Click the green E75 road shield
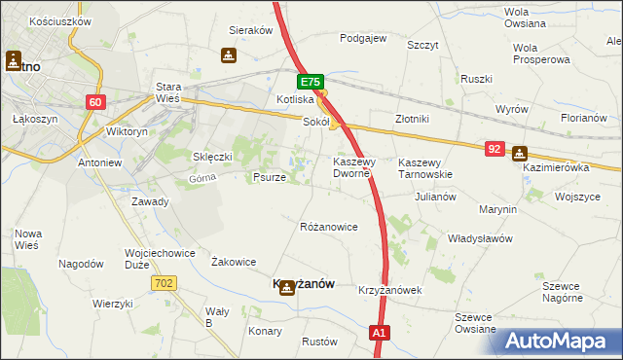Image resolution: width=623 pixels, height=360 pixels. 310,83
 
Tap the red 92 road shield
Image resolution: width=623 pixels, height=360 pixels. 495,149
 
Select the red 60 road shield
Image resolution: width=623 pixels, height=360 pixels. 94,101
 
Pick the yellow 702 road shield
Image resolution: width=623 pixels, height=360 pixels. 164,282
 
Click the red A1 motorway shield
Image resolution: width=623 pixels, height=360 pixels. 381,334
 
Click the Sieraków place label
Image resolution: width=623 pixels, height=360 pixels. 249,30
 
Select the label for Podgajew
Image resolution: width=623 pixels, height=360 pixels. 363,39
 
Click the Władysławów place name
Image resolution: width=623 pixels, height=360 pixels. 480,238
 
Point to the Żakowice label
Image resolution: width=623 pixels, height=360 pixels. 234,262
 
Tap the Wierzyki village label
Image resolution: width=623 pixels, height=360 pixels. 113,303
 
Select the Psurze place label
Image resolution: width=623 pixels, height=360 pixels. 269,178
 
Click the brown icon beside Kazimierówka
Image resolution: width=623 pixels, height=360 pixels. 520,153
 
